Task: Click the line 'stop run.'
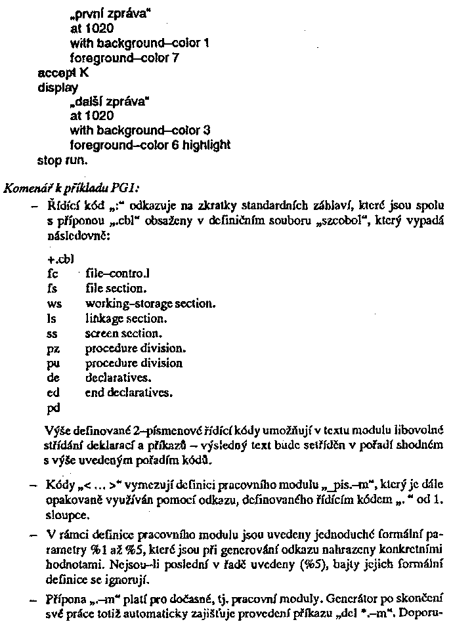[x=64, y=159]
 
